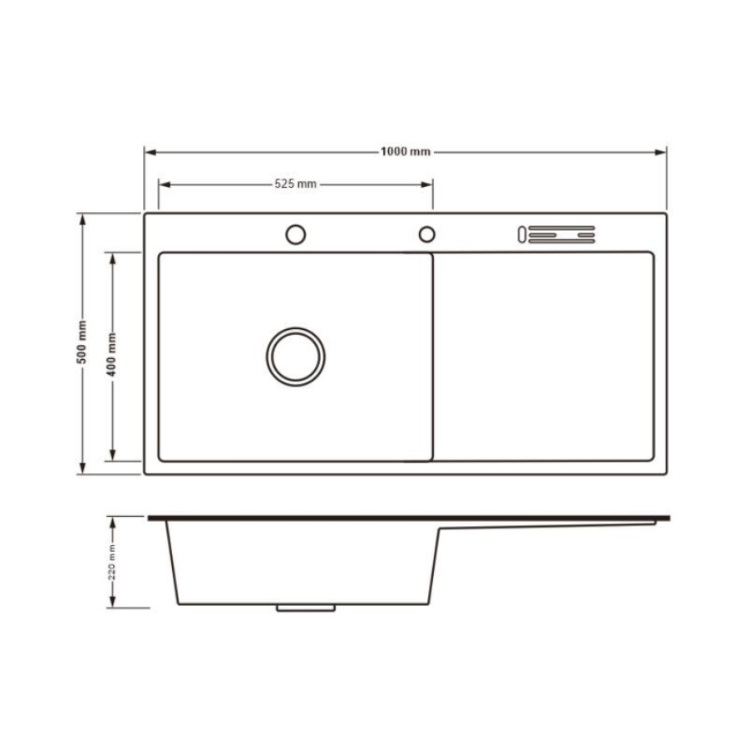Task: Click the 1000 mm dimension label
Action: point(406,152)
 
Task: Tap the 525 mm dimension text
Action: point(295,185)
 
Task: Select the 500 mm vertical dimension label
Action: point(82,342)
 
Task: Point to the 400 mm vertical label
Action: point(111,354)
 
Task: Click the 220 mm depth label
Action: point(112,562)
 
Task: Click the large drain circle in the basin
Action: point(296,328)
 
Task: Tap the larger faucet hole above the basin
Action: point(296,224)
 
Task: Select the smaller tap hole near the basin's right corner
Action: point(427,227)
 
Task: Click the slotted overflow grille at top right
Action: point(562,234)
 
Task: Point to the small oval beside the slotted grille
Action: point(521,234)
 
